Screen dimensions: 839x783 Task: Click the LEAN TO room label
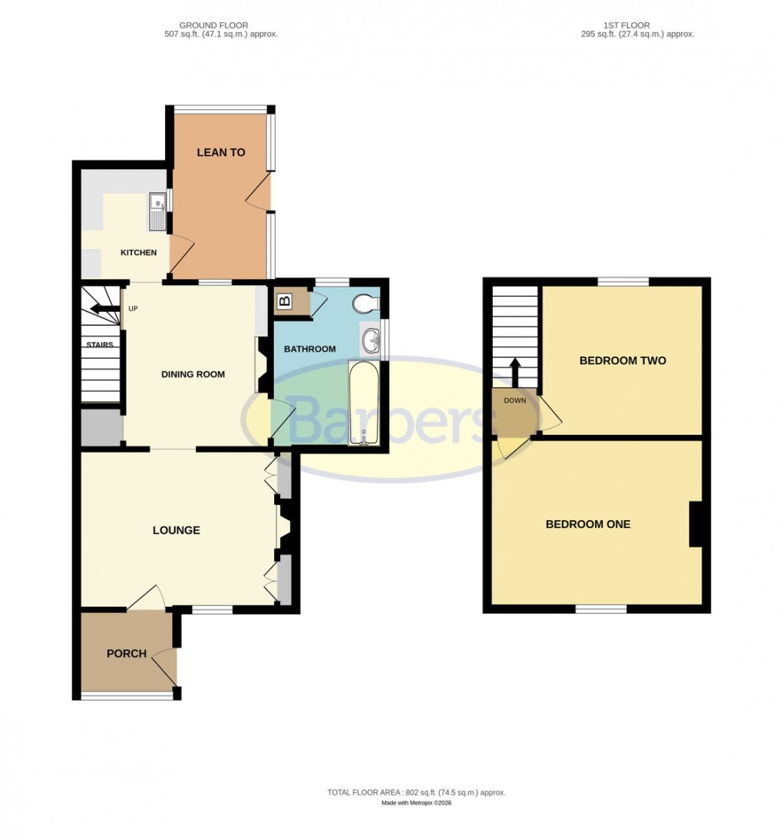(x=221, y=152)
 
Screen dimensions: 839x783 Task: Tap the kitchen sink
(x=157, y=211)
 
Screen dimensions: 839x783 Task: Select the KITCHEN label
(x=138, y=253)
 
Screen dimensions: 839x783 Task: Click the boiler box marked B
(x=285, y=301)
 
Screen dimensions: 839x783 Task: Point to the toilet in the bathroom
(x=365, y=305)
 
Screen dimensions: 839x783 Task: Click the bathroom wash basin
(x=372, y=339)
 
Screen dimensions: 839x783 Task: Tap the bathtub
(x=363, y=403)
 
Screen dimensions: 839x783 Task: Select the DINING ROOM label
(x=193, y=374)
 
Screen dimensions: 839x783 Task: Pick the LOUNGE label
(x=176, y=530)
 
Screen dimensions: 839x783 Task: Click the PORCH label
(x=127, y=654)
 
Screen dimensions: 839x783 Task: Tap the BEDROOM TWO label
(x=622, y=360)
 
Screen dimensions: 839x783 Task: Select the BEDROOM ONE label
(x=588, y=524)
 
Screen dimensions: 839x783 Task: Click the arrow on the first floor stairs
(x=514, y=372)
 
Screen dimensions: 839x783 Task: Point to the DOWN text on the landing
(x=514, y=400)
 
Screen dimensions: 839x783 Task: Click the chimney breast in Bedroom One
(x=695, y=524)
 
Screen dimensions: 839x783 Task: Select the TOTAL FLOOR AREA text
(x=416, y=792)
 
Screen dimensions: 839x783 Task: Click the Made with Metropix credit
(x=416, y=804)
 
